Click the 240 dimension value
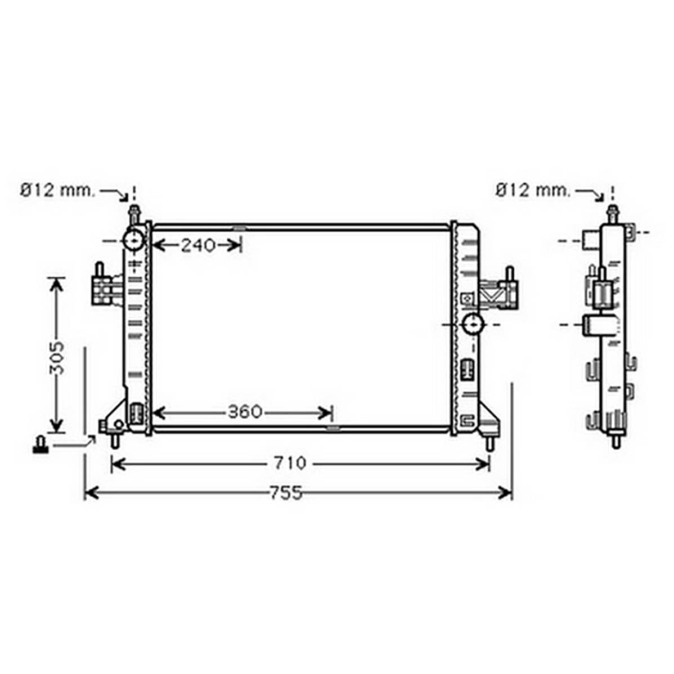coord(197,245)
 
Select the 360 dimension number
coord(245,412)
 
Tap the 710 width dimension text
coord(290,464)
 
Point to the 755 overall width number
coord(286,493)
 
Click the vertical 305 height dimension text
coord(56,358)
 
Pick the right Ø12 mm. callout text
coord(532,190)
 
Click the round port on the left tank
coord(133,240)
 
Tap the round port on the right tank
coord(473,324)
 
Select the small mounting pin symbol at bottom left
coord(41,445)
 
